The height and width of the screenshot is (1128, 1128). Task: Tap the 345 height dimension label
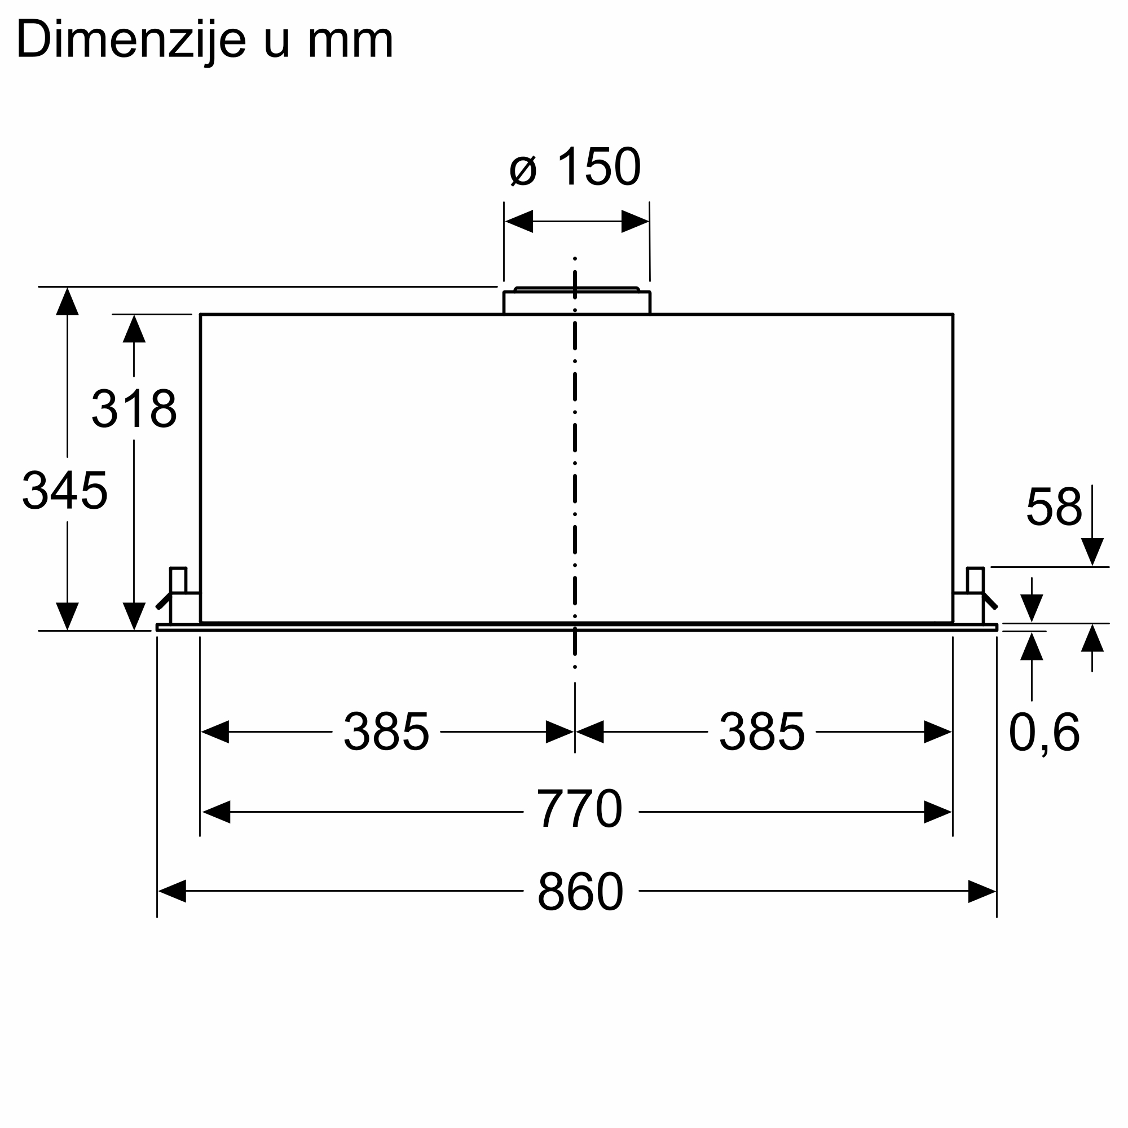[x=65, y=491]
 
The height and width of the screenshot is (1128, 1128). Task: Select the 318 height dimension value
[x=134, y=408]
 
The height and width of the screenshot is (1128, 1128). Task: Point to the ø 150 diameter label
[x=575, y=167]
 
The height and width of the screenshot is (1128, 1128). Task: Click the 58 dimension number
[x=1054, y=506]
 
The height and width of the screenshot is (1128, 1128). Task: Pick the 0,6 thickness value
[x=1044, y=732]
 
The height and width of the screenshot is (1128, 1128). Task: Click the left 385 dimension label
[x=386, y=732]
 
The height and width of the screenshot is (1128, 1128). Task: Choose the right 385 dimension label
[x=761, y=732]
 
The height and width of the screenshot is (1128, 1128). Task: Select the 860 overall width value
[x=580, y=891]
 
